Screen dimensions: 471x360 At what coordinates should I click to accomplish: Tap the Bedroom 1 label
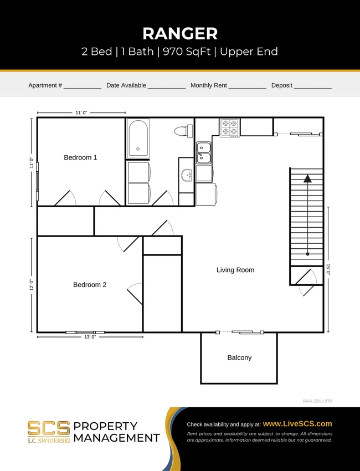(80, 157)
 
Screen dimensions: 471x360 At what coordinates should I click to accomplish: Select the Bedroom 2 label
(90, 285)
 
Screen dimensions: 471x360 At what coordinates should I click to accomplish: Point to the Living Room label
(235, 270)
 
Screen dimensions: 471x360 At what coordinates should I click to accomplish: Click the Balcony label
(239, 357)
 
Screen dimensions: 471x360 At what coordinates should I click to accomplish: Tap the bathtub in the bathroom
(137, 138)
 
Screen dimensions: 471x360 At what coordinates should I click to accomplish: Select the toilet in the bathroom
(183, 131)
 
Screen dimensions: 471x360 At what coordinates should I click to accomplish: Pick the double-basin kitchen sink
(203, 153)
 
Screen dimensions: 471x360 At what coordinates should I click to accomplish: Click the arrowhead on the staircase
(307, 178)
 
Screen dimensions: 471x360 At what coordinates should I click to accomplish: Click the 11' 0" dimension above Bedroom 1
(81, 112)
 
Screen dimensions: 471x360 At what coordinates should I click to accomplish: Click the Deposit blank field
(312, 86)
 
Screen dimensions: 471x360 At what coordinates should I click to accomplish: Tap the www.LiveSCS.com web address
(297, 423)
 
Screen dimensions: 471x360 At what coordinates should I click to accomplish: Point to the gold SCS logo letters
(49, 428)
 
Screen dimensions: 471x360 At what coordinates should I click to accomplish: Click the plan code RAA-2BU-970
(317, 401)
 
